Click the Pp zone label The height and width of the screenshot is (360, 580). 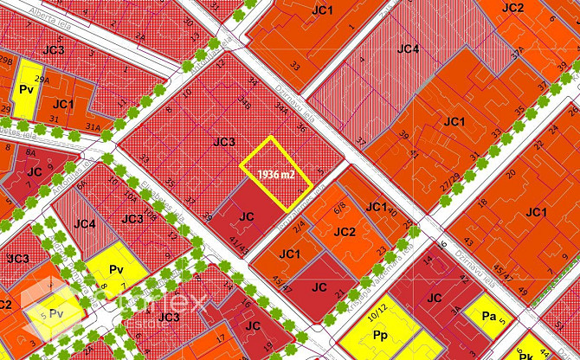coord(379,334)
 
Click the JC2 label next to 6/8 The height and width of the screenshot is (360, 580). coord(344,232)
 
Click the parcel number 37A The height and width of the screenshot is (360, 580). coord(518,55)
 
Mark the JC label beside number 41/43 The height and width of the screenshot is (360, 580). coord(246,216)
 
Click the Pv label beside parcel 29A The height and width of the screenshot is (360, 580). coord(25,89)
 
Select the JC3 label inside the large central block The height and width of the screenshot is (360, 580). coord(223,141)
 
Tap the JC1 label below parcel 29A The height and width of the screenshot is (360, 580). coord(63,104)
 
